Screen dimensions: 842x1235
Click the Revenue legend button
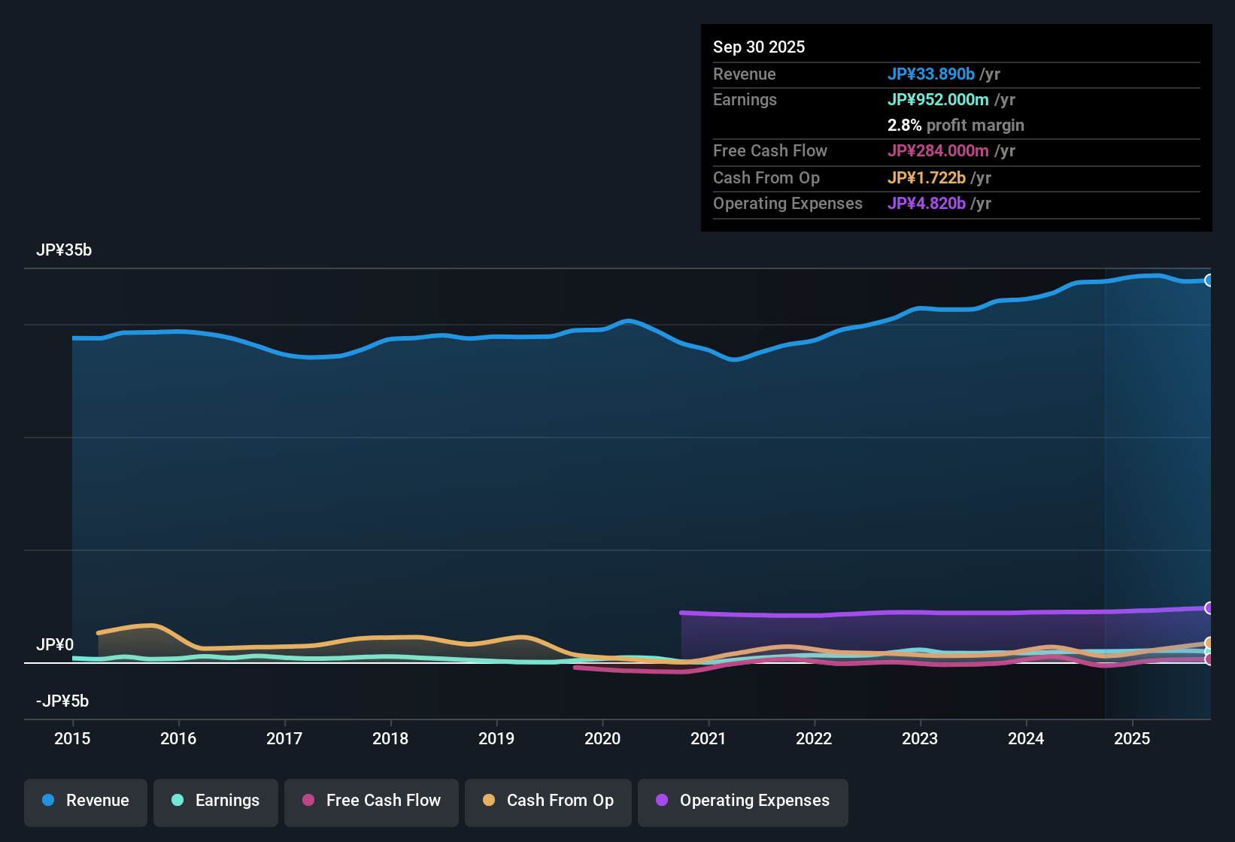86,801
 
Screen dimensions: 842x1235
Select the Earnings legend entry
216,801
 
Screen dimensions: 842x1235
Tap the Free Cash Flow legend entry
372,801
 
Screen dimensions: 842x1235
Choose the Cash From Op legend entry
548,801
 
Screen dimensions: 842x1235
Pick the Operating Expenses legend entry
743,801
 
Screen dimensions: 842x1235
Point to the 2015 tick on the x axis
72,738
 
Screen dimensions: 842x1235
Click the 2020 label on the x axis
602,738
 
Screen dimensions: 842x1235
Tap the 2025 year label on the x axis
1132,738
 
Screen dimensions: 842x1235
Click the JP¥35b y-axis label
64,250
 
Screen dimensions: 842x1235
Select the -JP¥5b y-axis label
62,701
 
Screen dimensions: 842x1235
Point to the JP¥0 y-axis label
55,645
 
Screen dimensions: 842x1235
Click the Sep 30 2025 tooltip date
759,47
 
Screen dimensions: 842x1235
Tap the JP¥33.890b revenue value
931,74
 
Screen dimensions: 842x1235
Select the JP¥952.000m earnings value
938,99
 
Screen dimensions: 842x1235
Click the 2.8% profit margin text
955,125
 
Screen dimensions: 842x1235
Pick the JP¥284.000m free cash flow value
938,150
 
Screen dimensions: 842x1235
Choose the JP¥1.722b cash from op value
927,177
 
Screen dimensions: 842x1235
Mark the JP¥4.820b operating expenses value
927,203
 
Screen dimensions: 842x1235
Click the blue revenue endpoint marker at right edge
1209,280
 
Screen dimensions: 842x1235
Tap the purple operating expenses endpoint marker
1209,607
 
